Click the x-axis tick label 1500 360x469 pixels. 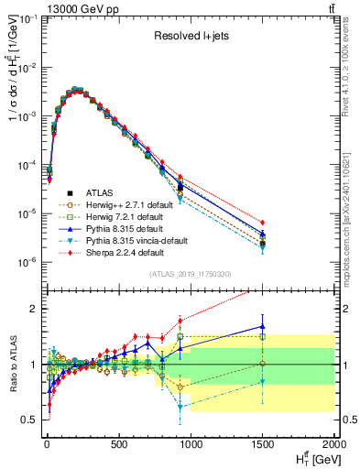[x=263, y=445]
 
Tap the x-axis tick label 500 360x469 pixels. [x=118, y=445]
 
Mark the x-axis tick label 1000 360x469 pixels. [x=191, y=445]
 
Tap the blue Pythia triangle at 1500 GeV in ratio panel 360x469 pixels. [x=263, y=326]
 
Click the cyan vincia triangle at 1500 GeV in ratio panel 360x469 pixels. [x=263, y=381]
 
